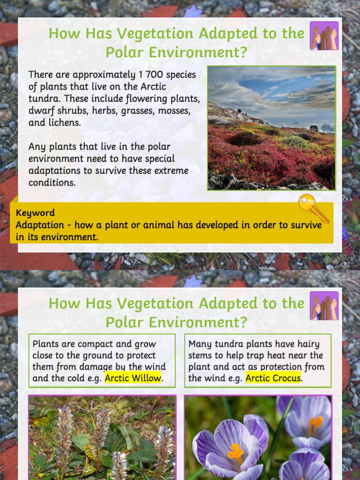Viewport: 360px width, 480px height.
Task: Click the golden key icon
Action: coord(312,208)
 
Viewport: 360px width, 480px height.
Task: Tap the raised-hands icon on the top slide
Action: coord(324,36)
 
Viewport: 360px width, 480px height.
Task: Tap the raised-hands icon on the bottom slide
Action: coord(324,306)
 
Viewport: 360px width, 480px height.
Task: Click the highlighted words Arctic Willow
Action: coord(133,378)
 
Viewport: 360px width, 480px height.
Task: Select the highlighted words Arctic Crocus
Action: coord(273,378)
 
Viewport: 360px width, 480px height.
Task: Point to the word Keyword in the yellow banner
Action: coord(35,213)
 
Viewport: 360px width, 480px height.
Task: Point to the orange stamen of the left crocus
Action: coord(235,453)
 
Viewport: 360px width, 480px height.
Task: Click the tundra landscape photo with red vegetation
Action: coord(271,128)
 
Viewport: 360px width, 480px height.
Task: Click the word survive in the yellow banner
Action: coord(305,225)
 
